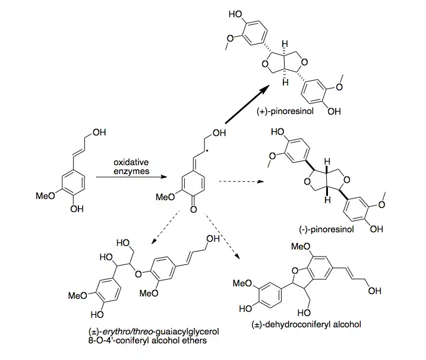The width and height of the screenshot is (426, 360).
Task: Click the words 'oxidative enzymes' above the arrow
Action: [x=131, y=167]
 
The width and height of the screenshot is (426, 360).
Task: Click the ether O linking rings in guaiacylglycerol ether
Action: [x=138, y=274]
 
